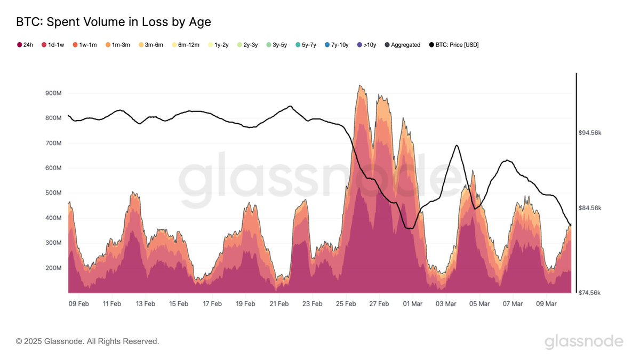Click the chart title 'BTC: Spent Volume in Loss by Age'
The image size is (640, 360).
pyautogui.click(x=114, y=22)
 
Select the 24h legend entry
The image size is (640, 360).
pyautogui.click(x=26, y=45)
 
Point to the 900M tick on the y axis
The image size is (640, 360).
pyautogui.click(x=53, y=93)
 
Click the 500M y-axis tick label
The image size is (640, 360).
pyautogui.click(x=53, y=193)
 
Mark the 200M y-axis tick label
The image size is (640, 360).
pyautogui.click(x=53, y=268)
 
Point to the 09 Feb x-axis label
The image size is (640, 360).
pyautogui.click(x=79, y=303)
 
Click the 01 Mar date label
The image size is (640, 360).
pyautogui.click(x=413, y=303)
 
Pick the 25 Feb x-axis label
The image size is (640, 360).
pyautogui.click(x=346, y=303)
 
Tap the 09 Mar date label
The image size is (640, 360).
pyautogui.click(x=546, y=303)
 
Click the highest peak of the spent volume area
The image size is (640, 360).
pyautogui.click(x=361, y=86)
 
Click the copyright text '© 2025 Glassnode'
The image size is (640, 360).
pyautogui.click(x=87, y=341)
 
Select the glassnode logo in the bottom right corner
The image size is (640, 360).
pyautogui.click(x=583, y=341)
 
